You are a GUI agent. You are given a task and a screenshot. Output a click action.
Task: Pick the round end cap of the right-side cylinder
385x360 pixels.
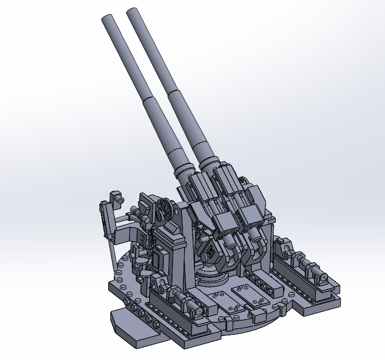point(323,278)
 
